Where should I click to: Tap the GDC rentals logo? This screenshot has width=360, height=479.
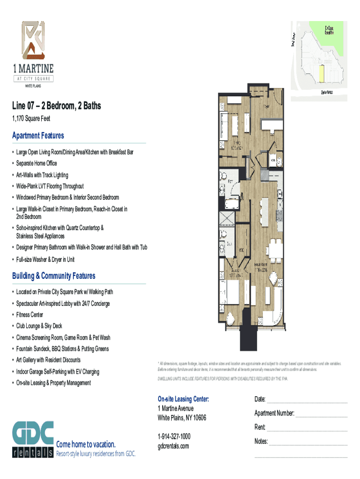tap(33, 440)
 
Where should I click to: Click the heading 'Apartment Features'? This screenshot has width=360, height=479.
tap(38, 136)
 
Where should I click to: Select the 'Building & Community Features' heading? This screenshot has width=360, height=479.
tap(54, 276)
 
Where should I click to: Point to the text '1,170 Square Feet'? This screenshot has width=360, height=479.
tap(31, 119)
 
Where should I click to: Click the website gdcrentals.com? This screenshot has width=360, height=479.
tap(173, 446)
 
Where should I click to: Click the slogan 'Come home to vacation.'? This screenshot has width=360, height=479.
tap(86, 444)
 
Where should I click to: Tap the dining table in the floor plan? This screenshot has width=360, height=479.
tap(275, 249)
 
